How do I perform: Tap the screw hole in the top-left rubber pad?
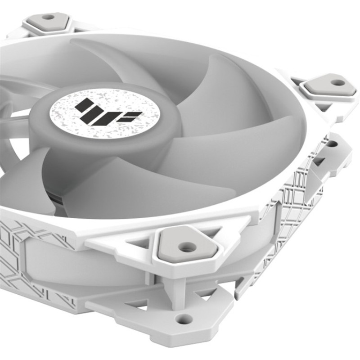pos(48,17)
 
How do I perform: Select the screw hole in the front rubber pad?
pos(186,247)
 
